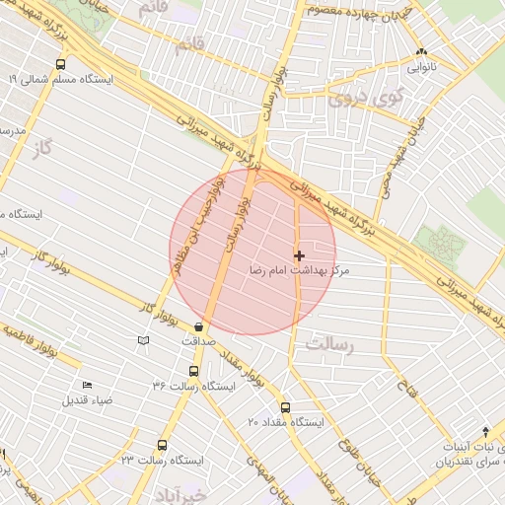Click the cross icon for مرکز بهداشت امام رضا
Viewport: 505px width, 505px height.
tap(300, 255)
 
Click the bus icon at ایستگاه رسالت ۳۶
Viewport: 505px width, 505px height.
tap(192, 372)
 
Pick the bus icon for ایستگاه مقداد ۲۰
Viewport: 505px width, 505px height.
tap(286, 406)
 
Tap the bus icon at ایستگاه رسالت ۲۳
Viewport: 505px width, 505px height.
tap(162, 445)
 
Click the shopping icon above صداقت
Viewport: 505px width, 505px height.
tap(200, 326)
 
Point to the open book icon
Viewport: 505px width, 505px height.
tap(144, 340)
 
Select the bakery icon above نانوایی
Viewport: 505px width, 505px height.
tap(422, 52)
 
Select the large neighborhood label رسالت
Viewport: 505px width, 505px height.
tap(328, 346)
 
